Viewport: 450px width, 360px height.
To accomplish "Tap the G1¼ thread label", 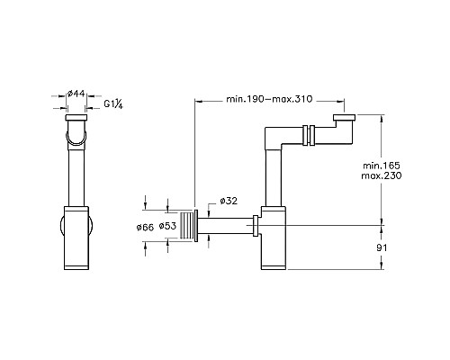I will coord(112,104).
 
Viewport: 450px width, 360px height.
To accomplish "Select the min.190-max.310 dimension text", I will coord(267,98).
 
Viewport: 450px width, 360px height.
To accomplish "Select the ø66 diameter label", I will coord(147,227).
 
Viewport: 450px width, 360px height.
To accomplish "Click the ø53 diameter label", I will coord(168,227).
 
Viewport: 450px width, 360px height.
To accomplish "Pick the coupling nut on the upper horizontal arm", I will coord(308,136).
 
